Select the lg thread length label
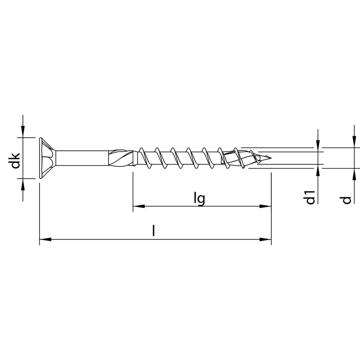coord(199,198)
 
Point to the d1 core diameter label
coord(309,198)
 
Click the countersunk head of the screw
coord(47,158)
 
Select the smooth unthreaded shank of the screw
coord(83,158)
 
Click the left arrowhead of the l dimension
coord(44,239)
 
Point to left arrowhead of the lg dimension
coord(137,207)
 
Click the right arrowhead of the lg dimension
coord(267,207)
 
